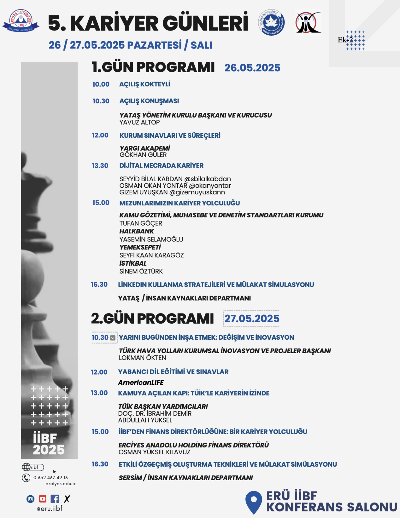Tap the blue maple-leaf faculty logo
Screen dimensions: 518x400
(271, 22)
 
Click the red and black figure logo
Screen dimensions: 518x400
(308, 23)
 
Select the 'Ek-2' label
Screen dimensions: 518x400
(345, 40)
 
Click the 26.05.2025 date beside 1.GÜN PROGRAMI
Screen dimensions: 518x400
(252, 68)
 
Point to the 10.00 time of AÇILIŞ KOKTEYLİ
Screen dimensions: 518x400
(101, 84)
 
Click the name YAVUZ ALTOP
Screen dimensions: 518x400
(139, 122)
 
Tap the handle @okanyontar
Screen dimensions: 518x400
(210, 186)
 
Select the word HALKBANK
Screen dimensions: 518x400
(137, 231)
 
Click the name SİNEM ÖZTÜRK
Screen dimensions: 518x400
(141, 271)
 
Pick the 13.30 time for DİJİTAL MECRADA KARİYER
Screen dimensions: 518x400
(100, 166)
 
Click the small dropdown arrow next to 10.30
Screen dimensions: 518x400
(113, 338)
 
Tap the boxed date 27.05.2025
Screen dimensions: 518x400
(252, 319)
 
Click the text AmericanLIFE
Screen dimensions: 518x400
(141, 383)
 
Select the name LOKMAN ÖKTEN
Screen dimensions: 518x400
(142, 358)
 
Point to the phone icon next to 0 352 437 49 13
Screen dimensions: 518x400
(26, 478)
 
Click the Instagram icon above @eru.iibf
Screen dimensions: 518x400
(30, 499)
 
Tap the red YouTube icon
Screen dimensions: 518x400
(43, 499)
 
